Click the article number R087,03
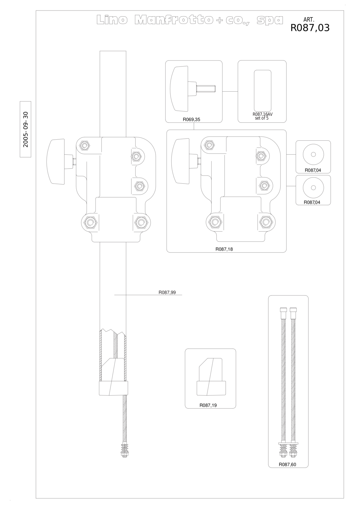click(x=310, y=28)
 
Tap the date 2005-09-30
click(x=26, y=129)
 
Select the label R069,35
click(x=192, y=120)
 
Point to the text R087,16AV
click(x=262, y=114)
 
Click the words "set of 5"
click(x=262, y=118)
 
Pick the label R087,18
click(x=224, y=249)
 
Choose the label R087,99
click(x=167, y=292)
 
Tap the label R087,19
click(x=208, y=405)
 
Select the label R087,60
click(x=287, y=464)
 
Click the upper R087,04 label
click(x=313, y=170)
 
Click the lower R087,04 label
click(x=312, y=202)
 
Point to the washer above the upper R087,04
click(x=313, y=155)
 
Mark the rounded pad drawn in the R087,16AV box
click(x=262, y=90)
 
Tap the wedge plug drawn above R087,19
click(x=211, y=377)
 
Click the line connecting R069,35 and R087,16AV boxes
click(x=230, y=92)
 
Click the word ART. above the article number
click(x=309, y=20)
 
